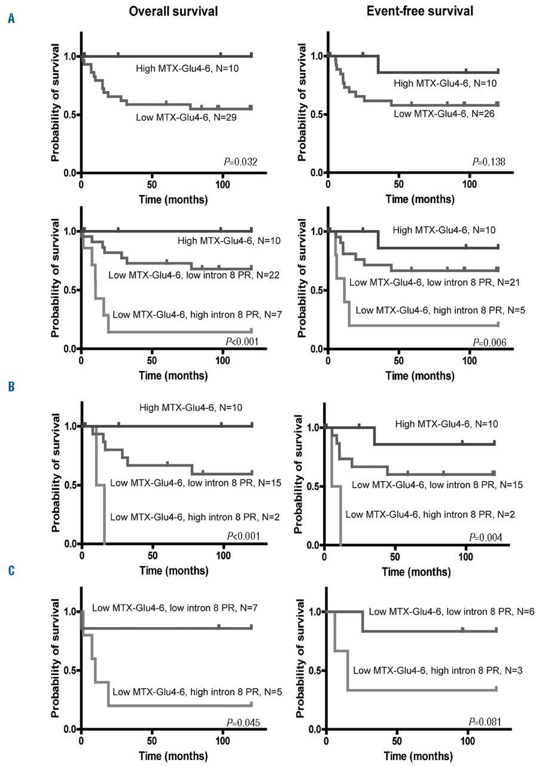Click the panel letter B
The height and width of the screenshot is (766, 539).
pyautogui.click(x=11, y=387)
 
